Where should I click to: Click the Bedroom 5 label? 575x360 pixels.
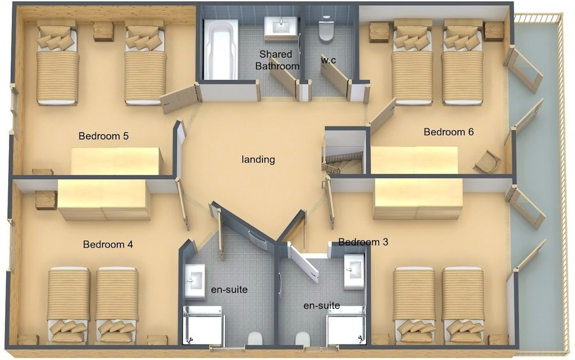click(103, 136)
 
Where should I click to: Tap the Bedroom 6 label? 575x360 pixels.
click(448, 132)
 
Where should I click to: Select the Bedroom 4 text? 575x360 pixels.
click(108, 244)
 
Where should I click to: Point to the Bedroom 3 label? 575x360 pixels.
click(363, 242)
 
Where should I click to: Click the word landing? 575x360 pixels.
click(258, 160)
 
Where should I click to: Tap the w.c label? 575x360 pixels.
click(328, 61)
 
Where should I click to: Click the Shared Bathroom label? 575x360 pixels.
click(277, 60)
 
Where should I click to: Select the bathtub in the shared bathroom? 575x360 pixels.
click(221, 49)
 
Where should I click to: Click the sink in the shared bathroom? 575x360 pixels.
click(281, 27)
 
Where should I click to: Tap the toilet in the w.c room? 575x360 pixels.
click(326, 29)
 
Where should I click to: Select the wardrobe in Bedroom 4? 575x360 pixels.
click(103, 200)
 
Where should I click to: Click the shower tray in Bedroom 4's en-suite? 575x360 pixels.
click(203, 325)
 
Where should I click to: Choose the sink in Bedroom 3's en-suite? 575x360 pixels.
click(354, 272)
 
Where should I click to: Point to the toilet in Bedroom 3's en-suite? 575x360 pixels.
click(303, 338)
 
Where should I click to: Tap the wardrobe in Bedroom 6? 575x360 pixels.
click(414, 160)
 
